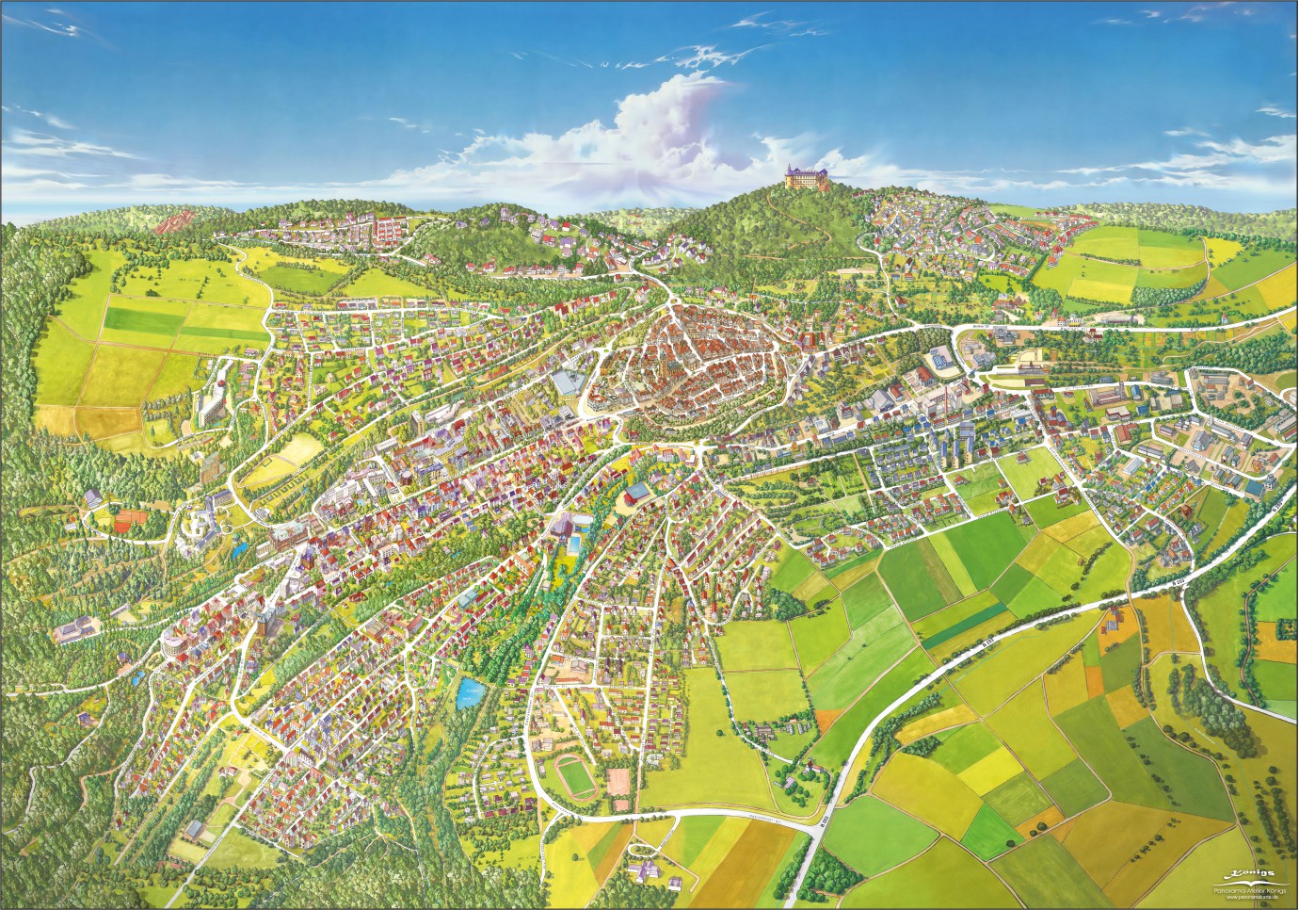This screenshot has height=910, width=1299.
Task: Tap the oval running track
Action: [x=570, y=774]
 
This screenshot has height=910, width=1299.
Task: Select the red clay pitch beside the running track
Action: [x=619, y=781]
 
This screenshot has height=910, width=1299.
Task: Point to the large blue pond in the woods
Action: [x=468, y=693]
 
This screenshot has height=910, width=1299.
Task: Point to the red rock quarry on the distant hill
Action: [x=171, y=223]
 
